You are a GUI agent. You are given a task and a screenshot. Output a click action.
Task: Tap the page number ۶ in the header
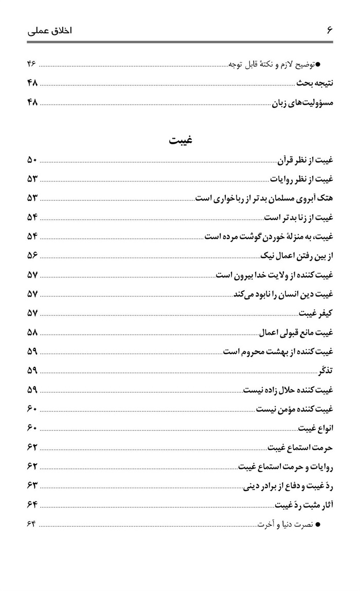click(x=330, y=30)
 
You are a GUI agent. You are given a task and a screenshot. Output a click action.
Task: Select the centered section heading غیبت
click(x=181, y=140)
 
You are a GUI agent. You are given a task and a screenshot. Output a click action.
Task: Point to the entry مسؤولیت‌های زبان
click(x=303, y=103)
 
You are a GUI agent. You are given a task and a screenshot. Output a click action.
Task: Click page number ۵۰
click(x=32, y=161)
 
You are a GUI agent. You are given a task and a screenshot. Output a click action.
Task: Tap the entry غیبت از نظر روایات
click(x=303, y=179)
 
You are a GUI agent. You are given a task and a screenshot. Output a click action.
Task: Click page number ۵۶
click(x=32, y=255)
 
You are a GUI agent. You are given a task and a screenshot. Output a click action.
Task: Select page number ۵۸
click(x=32, y=331)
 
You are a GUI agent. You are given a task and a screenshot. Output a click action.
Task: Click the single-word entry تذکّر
click(x=326, y=370)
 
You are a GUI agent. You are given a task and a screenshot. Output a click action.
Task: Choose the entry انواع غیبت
click(x=317, y=428)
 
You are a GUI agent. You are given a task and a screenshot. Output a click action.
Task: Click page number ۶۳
click(x=32, y=485)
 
